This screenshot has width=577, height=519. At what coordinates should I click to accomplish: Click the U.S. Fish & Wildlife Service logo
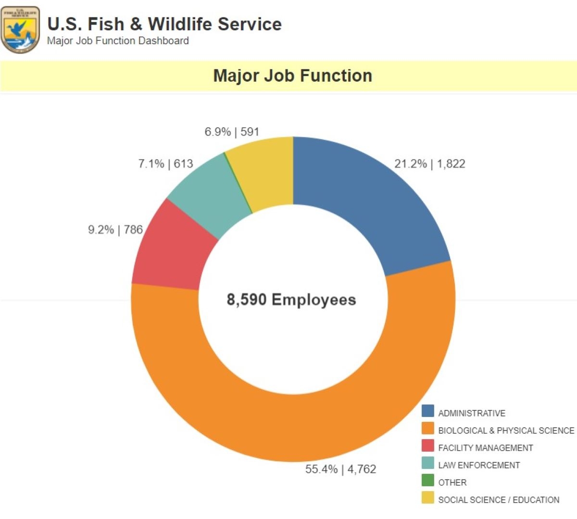(x=20, y=30)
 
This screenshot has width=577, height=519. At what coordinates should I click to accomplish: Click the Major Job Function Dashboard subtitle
(x=118, y=41)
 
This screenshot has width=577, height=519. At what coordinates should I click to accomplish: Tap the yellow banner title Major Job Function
(x=292, y=76)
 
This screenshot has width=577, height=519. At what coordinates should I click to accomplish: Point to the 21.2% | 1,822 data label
(x=430, y=164)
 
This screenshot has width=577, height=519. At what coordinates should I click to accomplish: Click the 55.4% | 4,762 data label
(x=340, y=469)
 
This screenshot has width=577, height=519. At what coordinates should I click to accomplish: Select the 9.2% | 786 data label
(x=115, y=230)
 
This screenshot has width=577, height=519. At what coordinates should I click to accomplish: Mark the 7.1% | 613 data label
(x=165, y=164)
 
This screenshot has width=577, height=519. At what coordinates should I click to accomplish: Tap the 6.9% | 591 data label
(x=232, y=132)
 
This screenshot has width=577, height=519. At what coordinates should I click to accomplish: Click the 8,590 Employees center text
(x=291, y=300)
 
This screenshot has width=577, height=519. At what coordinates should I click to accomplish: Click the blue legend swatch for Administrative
(x=428, y=411)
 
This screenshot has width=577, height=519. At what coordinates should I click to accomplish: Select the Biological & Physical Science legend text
(x=506, y=430)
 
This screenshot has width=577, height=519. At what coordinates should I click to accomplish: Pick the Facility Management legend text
(x=486, y=448)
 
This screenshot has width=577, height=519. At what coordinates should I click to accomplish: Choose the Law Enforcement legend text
(x=479, y=465)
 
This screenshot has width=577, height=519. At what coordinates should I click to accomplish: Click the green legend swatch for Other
(x=428, y=481)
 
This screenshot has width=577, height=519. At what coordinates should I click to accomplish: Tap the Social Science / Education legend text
(x=499, y=500)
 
